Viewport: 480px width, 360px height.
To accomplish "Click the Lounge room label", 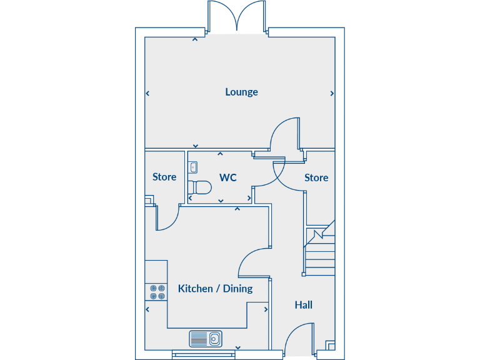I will (241, 92).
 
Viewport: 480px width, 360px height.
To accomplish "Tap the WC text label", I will (227, 177).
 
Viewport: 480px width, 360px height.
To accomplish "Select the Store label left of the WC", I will (164, 177).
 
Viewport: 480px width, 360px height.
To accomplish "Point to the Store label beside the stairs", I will (316, 177).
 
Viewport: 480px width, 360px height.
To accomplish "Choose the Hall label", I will (304, 305).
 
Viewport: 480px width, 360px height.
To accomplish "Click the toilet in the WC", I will (199, 187).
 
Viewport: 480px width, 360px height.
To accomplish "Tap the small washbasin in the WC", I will (192, 167).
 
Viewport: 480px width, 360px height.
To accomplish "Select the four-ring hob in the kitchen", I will (156, 292).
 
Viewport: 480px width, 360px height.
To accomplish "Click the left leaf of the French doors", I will (221, 15).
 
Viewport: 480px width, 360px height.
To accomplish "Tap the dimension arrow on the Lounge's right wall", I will (331, 94).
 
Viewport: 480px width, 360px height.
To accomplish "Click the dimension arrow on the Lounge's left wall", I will (148, 94).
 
